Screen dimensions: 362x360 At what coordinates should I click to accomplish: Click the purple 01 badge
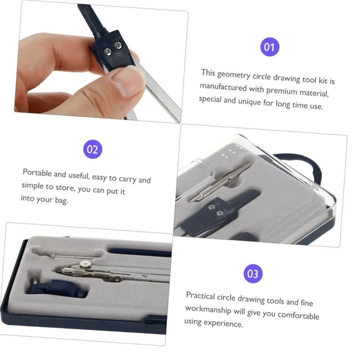point(270,47)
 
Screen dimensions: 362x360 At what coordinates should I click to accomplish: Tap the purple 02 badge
point(93,149)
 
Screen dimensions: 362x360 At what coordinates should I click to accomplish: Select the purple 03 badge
point(253,274)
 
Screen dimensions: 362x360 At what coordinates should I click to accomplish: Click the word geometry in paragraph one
point(234,75)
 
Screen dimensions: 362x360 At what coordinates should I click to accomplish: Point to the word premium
point(281,91)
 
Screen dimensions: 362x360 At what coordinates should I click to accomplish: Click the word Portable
point(37,173)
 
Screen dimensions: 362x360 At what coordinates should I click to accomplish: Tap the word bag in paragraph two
point(62,200)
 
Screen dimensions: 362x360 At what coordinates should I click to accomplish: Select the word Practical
point(200,296)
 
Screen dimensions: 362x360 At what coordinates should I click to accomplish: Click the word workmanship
point(208,309)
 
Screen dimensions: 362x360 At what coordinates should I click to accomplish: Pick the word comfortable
point(298,315)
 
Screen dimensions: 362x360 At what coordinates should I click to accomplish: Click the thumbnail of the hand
point(100,62)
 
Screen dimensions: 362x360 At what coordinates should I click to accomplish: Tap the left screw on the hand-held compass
point(107,52)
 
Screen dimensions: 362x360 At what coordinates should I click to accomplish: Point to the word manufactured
point(223,87)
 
